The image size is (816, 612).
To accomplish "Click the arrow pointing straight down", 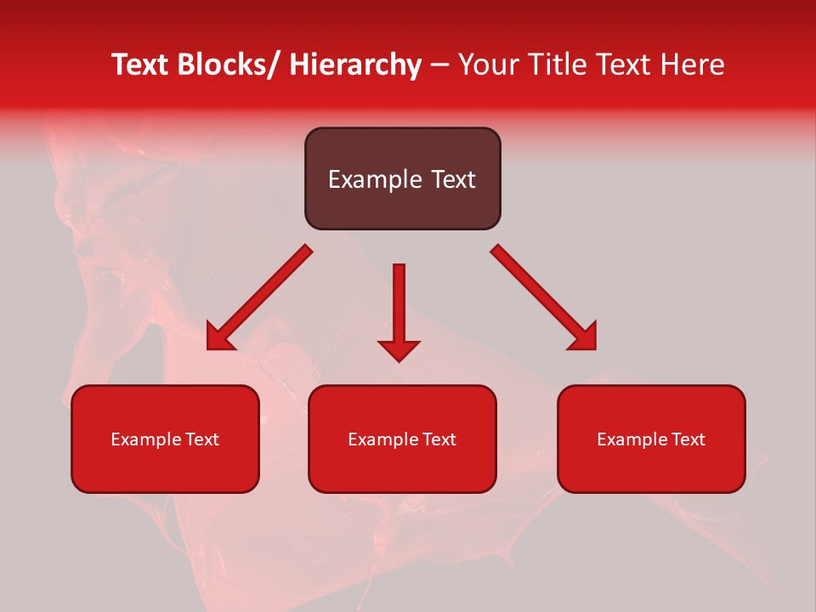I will click(399, 310).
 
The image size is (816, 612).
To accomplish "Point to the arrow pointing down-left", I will click(259, 297).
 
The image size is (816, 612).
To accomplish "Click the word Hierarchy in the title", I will click(355, 65).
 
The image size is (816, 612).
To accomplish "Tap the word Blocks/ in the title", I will click(228, 65).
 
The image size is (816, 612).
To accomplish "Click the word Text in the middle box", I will click(439, 439).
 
